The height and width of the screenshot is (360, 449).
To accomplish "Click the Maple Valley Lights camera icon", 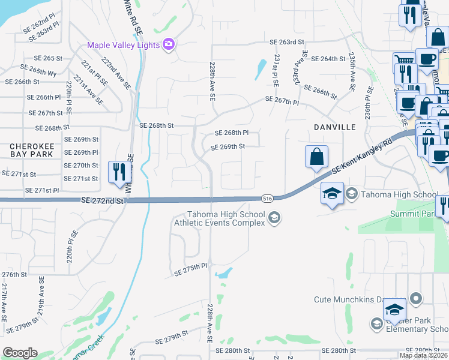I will tap(168, 44).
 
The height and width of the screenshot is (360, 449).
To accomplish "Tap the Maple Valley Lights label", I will tap(124, 45).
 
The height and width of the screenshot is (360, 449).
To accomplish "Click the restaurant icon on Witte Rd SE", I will tap(117, 172).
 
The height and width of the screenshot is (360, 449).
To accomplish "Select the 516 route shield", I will tap(267, 197).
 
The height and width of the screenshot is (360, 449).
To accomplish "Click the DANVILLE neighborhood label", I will tap(334, 127).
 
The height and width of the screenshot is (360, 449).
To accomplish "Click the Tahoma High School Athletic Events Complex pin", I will tap(274, 217).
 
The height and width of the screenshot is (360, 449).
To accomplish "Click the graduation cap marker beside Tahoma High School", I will tap(332, 194).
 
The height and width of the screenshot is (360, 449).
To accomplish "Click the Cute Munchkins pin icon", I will tap(415, 299).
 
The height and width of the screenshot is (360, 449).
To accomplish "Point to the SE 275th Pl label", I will tap(190, 272).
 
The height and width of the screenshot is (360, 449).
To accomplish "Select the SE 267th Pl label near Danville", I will tap(282, 102).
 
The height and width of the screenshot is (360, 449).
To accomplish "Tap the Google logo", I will tap(20, 352).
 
